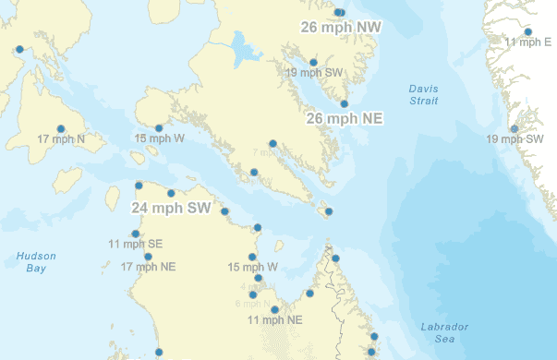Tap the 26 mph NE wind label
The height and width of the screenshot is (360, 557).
344,119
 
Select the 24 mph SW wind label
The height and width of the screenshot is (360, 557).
171,209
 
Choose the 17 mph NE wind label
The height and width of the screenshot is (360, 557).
149,267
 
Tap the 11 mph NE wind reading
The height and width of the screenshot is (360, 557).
276,319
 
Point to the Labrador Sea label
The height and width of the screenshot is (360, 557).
444,332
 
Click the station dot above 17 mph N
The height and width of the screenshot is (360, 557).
61,128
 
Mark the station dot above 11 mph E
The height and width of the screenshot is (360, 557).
528,31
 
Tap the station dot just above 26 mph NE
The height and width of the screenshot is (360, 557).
344,104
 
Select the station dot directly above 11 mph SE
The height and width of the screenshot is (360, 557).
136,234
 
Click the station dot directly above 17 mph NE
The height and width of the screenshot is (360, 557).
149,257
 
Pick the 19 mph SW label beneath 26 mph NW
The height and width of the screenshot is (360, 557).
314,72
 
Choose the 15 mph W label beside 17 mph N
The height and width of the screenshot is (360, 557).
160,138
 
